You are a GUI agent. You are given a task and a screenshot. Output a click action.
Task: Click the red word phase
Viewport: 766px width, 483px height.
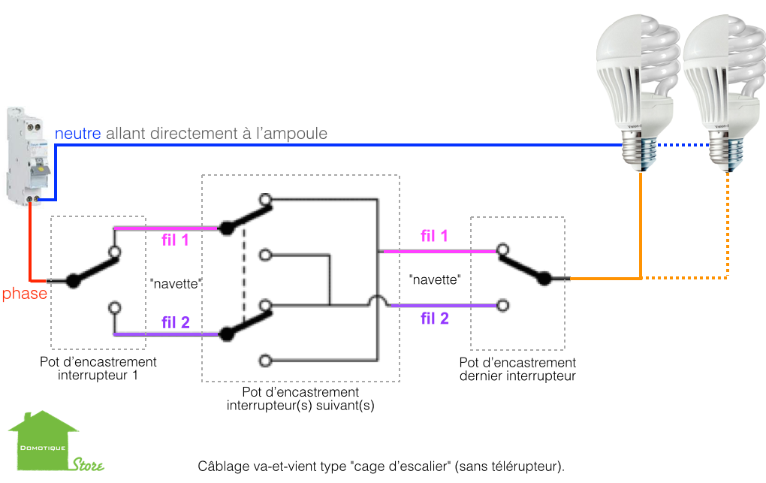tap(23, 294)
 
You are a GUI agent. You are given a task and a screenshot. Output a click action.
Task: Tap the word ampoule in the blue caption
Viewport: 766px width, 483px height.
tap(300, 134)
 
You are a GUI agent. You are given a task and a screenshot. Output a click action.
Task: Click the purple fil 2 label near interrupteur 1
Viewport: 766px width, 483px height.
tap(175, 322)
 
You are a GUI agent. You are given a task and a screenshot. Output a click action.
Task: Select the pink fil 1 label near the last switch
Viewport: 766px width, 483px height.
tap(434, 236)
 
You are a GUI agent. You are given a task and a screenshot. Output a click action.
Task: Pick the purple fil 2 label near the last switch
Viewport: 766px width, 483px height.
tap(434, 318)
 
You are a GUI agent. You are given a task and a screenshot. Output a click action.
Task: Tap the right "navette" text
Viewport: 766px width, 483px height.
tap(435, 279)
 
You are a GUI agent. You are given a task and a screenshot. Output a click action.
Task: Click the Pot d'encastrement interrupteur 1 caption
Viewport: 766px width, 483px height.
tap(98, 369)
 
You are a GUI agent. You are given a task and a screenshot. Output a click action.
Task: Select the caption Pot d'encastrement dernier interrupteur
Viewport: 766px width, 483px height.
tap(517, 369)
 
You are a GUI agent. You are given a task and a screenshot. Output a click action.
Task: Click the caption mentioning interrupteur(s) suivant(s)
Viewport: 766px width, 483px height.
tap(300, 399)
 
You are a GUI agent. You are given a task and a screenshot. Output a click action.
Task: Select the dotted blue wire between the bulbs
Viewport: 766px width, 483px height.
tap(683, 144)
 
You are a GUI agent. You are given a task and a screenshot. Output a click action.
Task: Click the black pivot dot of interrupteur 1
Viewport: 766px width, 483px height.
tap(73, 281)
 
